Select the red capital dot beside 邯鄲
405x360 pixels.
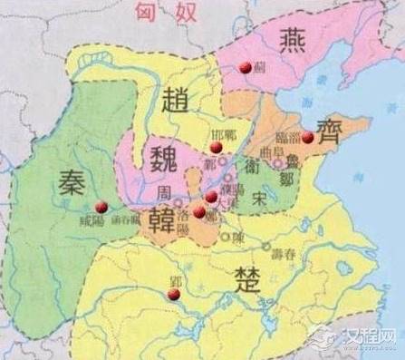coord(215,147)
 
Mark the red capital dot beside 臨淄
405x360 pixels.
coord(307,137)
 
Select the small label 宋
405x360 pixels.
coord(259,196)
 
